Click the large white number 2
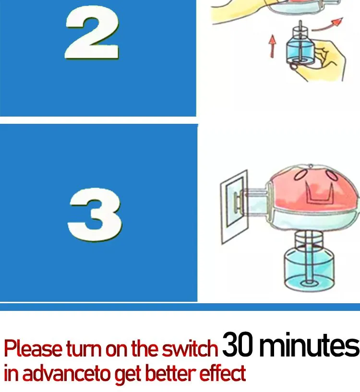click(x=92, y=33)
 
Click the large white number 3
click(x=95, y=214)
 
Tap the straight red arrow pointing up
click(x=273, y=46)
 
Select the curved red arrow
click(x=328, y=24)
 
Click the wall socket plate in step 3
click(x=234, y=206)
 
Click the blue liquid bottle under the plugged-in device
click(x=309, y=269)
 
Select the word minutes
click(x=309, y=344)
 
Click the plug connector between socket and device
click(x=252, y=201)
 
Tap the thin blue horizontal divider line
click(x=180, y=307)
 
